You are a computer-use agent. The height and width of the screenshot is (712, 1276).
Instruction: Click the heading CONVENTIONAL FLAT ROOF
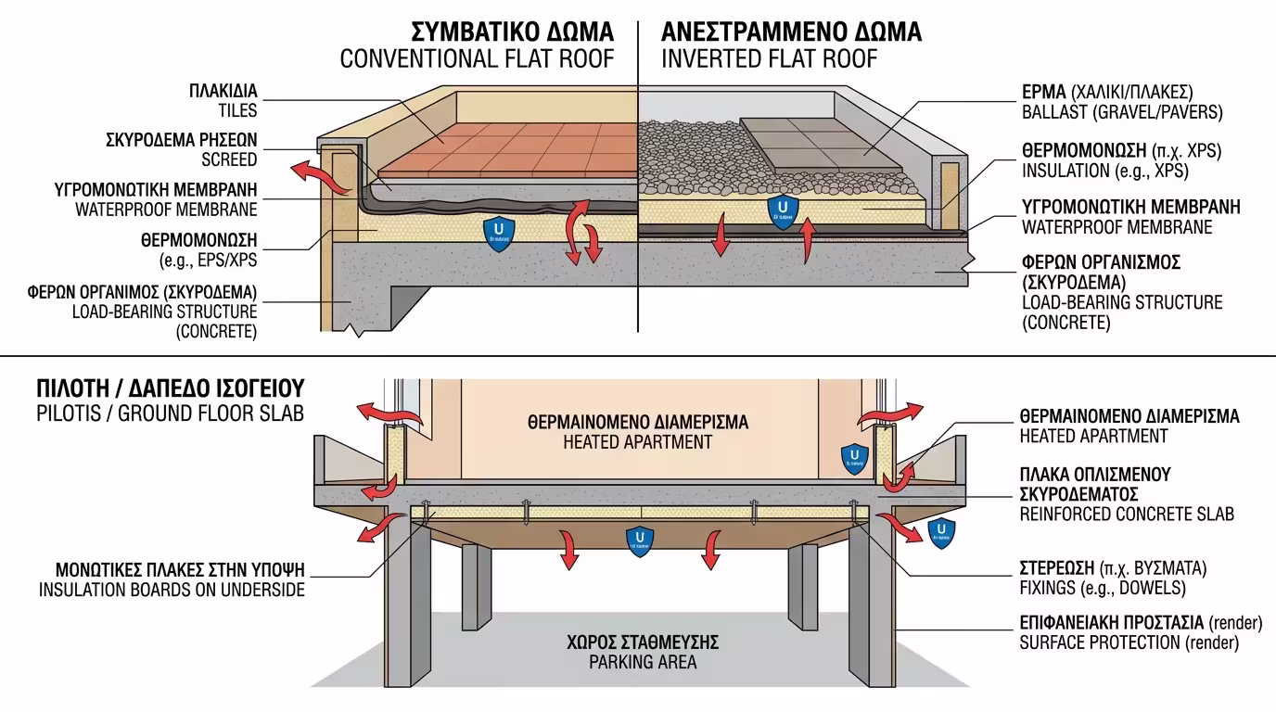coord(477,59)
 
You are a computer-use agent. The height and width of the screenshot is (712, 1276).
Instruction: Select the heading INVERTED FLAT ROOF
coord(769,59)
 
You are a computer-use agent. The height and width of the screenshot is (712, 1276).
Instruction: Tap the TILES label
coord(237,111)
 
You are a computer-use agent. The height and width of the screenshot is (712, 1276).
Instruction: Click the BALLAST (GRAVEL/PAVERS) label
coord(1122,113)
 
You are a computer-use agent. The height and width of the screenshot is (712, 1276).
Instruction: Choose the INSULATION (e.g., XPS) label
coord(1104,171)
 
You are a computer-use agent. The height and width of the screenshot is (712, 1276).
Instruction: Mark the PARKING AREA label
coord(642,662)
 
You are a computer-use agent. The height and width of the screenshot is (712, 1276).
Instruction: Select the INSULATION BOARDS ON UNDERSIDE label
coord(172,589)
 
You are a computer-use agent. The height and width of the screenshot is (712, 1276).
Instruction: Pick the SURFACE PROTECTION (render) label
coord(1129,642)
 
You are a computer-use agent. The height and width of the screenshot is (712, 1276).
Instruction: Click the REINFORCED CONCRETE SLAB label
coord(1127,514)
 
